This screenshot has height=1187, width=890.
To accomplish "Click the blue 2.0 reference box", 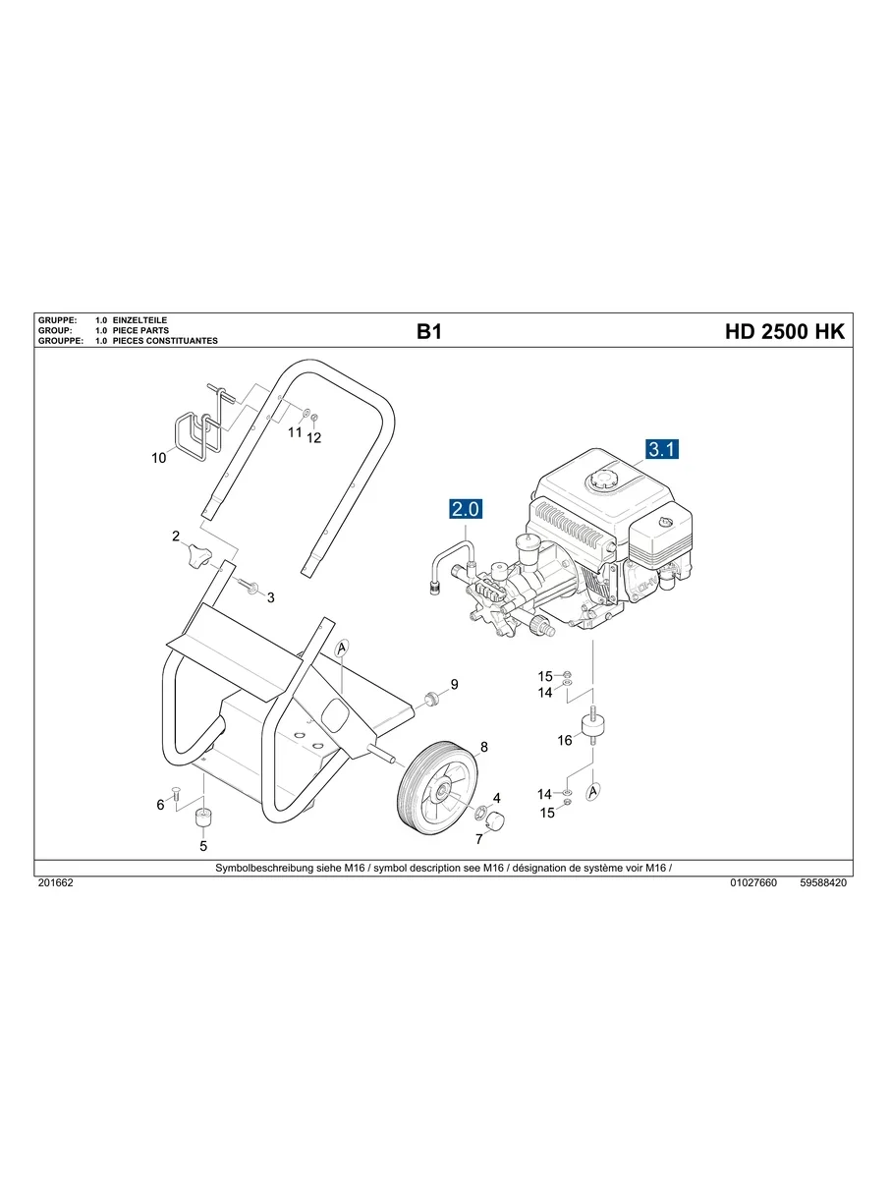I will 466,509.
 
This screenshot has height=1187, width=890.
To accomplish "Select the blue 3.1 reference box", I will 662,450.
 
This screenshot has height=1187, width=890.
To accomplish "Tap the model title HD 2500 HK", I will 784,332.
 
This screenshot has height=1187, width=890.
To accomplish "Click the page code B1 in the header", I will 429,332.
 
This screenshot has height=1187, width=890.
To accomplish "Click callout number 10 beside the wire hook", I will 159,458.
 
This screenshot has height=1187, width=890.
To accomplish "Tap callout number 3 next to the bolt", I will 271,597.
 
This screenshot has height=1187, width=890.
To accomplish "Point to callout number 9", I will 454,684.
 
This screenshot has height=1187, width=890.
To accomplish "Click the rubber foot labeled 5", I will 203,818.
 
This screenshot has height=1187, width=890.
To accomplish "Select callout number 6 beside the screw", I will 160,806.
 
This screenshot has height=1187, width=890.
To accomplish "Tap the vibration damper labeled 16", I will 592,727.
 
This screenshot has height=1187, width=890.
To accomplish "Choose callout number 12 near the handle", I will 314,439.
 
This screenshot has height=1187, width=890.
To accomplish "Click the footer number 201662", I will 55,883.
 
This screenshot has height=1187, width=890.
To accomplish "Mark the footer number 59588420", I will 823,883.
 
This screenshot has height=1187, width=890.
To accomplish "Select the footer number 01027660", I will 753,883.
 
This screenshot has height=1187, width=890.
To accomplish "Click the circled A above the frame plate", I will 342,648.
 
